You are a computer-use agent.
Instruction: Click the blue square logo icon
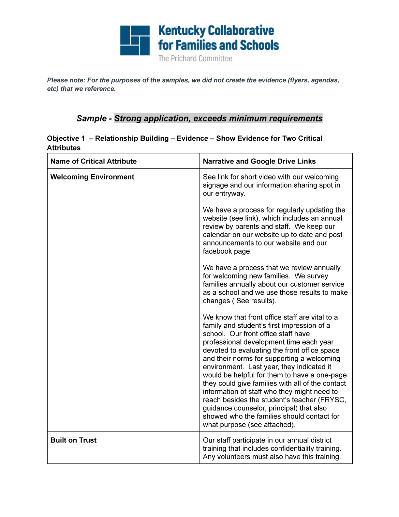point(135,40)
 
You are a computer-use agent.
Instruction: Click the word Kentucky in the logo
point(182,31)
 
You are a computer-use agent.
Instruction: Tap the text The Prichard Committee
point(195,59)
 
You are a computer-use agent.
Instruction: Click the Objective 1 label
point(66,138)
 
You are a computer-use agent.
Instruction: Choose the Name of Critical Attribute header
point(94,161)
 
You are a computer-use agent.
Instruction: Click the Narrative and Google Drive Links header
point(259,161)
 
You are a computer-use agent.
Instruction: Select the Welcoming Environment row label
point(92,177)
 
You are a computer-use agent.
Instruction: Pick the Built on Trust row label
point(73,440)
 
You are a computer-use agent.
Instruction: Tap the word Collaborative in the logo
point(241,31)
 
